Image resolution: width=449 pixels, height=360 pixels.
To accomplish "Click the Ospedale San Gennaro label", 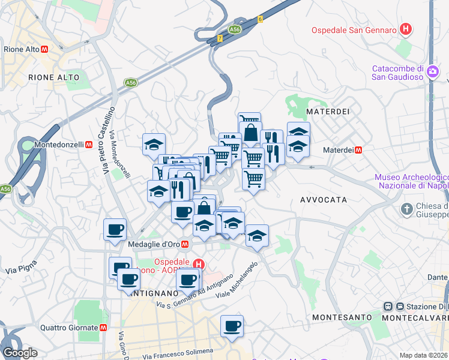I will (x=354, y=30).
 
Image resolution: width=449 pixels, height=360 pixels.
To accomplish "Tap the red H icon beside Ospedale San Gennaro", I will (x=406, y=29).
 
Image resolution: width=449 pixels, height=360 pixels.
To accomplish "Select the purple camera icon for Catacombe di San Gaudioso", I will (x=433, y=72).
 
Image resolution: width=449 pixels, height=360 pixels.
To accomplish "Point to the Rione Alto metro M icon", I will (x=44, y=49).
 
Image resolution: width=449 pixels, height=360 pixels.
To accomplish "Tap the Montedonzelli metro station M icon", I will (x=88, y=145).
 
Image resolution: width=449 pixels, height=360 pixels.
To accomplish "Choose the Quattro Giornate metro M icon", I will (x=104, y=328).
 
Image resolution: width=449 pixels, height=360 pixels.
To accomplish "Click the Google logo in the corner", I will (x=19, y=353).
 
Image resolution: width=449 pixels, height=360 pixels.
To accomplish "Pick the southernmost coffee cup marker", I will (x=232, y=326).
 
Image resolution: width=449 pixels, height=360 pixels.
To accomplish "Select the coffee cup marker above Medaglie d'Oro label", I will (x=115, y=229).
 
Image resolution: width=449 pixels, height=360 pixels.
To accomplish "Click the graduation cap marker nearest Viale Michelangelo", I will (x=257, y=236).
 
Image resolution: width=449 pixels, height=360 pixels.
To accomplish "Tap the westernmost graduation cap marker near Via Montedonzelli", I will (x=154, y=145).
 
